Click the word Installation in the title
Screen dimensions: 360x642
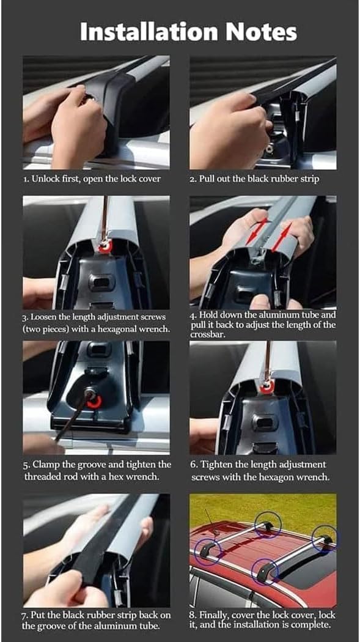click(148, 32)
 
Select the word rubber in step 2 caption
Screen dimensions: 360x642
click(270, 180)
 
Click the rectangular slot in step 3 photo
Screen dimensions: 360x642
click(102, 282)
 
